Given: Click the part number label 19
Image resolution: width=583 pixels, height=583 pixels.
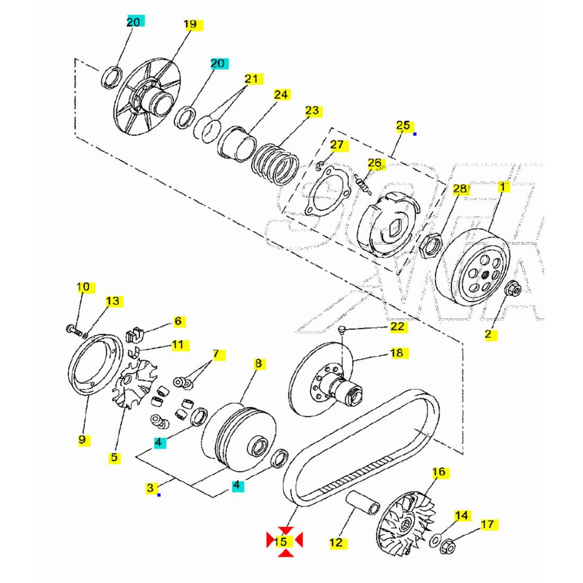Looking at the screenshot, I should click(190, 24).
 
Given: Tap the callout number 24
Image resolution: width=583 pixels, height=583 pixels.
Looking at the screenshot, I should click(281, 95).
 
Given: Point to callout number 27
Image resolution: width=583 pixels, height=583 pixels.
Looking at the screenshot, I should click(337, 145).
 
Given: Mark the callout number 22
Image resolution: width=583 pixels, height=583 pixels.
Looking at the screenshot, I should click(397, 327).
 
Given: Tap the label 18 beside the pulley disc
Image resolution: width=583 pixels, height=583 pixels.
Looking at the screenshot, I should click(397, 353).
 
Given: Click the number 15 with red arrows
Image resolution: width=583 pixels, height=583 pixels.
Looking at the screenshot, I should click(280, 542).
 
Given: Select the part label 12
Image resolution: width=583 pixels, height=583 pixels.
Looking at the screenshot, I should click(337, 543).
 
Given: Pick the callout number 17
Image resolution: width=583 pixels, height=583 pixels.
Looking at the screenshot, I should click(487, 525).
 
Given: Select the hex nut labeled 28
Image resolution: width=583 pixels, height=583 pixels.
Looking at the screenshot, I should click(428, 245).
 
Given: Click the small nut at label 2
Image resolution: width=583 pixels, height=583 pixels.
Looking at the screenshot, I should click(513, 289).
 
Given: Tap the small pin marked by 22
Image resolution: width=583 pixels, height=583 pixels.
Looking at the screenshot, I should click(342, 330).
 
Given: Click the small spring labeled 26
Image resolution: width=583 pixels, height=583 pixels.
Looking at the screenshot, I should click(364, 184).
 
